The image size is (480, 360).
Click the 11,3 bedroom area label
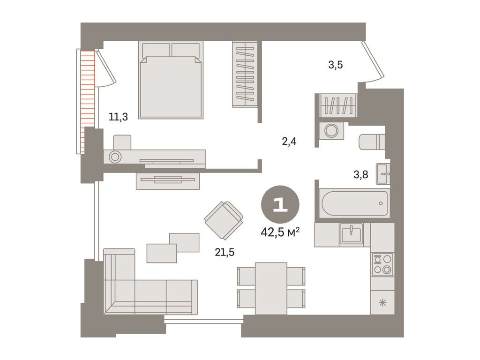[x=118, y=117]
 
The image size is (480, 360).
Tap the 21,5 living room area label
[x=225, y=252]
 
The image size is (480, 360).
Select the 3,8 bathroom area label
[x=360, y=174]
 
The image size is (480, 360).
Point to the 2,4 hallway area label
[x=289, y=142]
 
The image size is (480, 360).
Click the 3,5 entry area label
[x=336, y=65]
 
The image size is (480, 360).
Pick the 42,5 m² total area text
[x=280, y=232]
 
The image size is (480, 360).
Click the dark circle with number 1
[x=280, y=204]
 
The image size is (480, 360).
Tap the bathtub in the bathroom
[x=354, y=203]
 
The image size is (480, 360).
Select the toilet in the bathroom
[x=372, y=142]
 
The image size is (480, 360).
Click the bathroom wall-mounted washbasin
[x=383, y=174]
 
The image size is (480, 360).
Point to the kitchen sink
[x=351, y=233]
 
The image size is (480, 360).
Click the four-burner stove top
[x=382, y=264]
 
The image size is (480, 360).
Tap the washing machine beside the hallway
[x=331, y=131]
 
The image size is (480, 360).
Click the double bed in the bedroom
[x=171, y=80]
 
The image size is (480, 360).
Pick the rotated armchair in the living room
[x=224, y=220]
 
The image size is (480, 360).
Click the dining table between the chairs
[x=271, y=288]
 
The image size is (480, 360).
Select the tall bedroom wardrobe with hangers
[x=245, y=75]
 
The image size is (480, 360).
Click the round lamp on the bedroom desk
[x=115, y=157]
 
